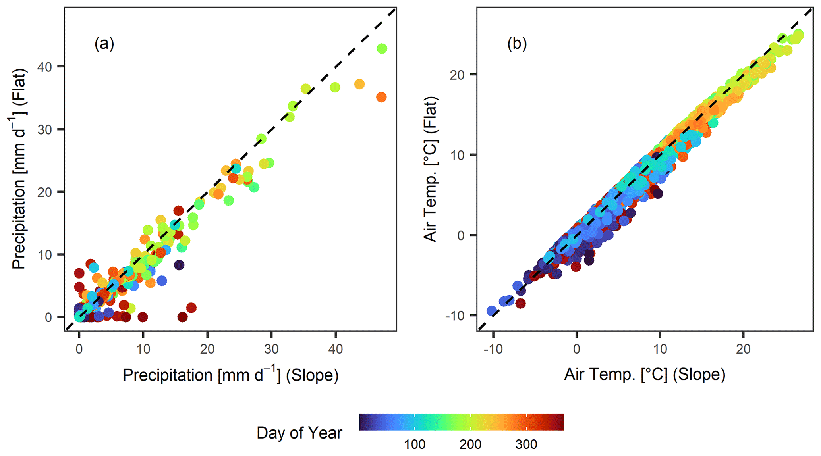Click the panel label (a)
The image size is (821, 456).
tap(104, 44)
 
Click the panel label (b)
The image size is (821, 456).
tap(517, 44)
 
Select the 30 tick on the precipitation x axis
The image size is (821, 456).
tap(271, 349)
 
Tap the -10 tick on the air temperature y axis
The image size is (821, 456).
tap(457, 316)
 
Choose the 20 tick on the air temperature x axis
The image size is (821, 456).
tap(743, 349)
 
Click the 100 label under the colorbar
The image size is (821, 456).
tap(415, 444)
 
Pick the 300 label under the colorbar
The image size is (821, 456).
tap(526, 444)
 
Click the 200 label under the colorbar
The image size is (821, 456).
tap(471, 444)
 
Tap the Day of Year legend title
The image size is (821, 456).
tap(299, 433)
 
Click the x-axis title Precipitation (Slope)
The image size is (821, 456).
tap(230, 375)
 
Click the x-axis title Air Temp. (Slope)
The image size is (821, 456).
tap(645, 374)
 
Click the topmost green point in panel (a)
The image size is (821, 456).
tap(382, 49)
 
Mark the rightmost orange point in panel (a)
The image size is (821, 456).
tap(381, 97)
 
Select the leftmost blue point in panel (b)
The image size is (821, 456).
tap(492, 311)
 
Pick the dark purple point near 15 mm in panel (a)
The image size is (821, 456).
tap(179, 265)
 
